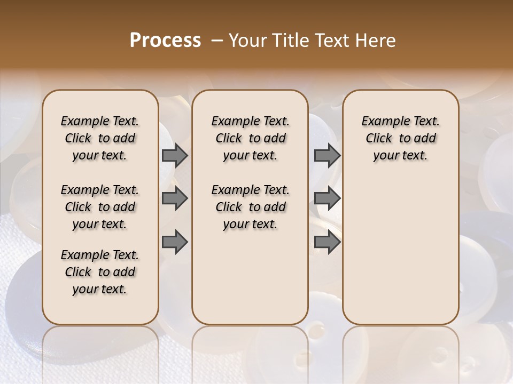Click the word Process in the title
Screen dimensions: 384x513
[x=165, y=41]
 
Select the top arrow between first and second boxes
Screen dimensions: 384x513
[x=175, y=155]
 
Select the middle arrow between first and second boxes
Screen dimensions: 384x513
[x=175, y=198]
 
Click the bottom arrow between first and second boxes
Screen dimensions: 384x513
[x=175, y=242]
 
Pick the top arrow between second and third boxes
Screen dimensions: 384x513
[x=327, y=155]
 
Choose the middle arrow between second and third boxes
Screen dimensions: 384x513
[x=327, y=198]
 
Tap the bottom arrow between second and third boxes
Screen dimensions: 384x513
[x=327, y=242]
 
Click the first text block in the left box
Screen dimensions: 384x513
[x=100, y=138]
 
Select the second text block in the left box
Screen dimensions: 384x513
[x=100, y=207]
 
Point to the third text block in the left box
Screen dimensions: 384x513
[x=100, y=272]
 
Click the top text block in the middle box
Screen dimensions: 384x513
[x=250, y=138]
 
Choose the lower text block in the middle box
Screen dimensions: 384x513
[x=250, y=207]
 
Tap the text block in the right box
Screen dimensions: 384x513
[x=400, y=138]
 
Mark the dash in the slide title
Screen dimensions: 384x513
[x=216, y=41]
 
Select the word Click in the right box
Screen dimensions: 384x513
[x=379, y=139]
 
